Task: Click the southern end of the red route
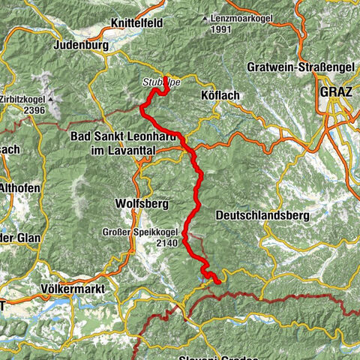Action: click(x=217, y=282)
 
